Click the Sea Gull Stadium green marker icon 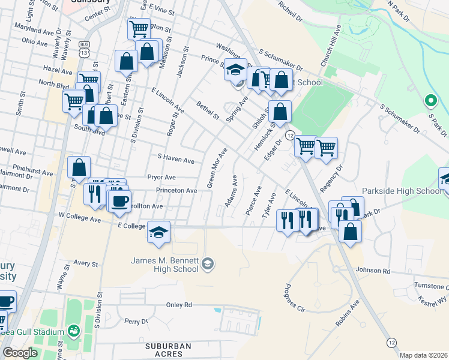pos(73,330)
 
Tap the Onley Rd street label pos(179,305)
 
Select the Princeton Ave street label pos(176,191)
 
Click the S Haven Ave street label pos(176,161)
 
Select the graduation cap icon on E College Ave pos(158,232)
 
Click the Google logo pos(20,353)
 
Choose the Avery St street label pos(86,263)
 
